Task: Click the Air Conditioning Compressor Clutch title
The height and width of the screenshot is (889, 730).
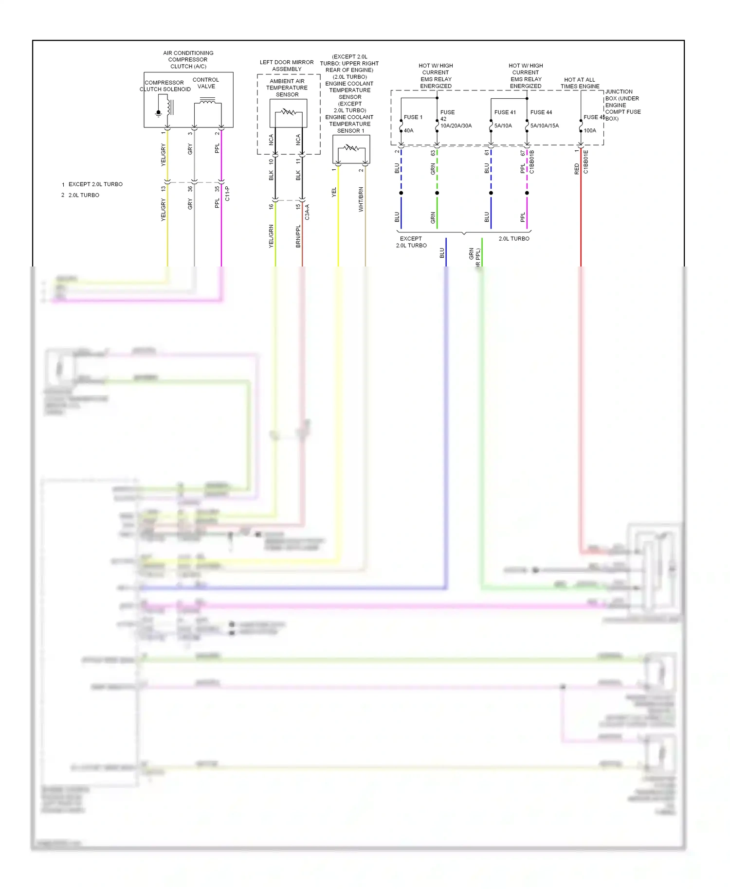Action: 188,60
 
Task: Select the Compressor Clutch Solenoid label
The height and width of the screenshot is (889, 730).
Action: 165,86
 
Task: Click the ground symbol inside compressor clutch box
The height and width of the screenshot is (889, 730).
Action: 158,113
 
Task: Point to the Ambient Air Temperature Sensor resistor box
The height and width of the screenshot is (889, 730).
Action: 288,113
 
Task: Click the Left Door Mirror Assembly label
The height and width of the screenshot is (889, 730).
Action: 287,66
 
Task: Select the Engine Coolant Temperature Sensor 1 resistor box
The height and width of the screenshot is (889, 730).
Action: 351,149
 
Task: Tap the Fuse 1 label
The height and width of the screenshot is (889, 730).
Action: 413,117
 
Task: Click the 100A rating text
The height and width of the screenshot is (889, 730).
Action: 590,130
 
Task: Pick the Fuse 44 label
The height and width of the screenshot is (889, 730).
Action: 541,112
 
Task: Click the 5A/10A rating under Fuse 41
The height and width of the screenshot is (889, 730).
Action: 503,125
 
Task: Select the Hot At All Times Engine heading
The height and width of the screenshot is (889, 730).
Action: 580,83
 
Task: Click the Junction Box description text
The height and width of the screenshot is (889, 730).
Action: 622,105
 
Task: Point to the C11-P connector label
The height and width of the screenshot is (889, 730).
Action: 227,194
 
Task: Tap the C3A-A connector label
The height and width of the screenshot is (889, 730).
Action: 307,212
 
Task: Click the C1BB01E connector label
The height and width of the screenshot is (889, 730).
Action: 586,162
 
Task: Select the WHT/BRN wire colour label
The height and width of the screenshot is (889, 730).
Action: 361,199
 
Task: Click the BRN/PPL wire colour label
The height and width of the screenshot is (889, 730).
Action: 298,236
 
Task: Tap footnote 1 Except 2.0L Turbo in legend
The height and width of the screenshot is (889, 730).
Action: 92,184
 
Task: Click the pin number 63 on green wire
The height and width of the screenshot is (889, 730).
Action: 433,153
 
